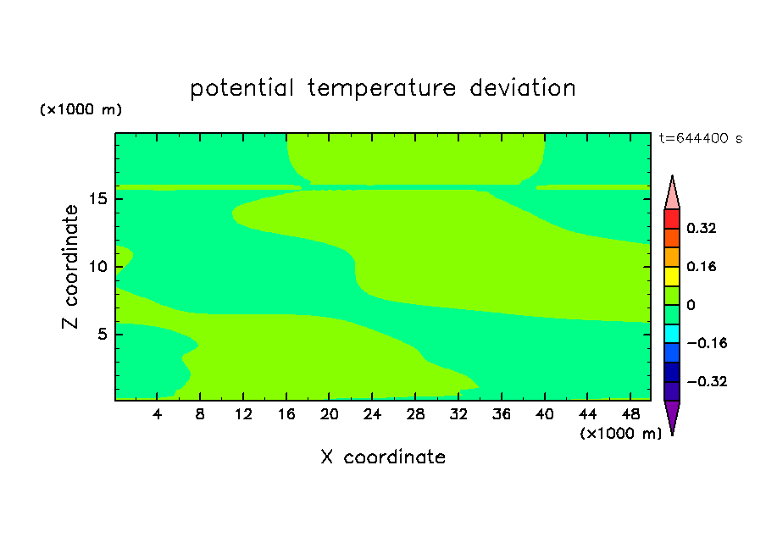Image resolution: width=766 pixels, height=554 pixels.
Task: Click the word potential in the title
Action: (x=241, y=88)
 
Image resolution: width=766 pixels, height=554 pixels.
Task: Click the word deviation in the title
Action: (x=523, y=88)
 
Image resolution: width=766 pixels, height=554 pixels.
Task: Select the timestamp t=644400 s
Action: (x=701, y=138)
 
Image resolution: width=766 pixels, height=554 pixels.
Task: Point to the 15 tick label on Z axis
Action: (x=98, y=199)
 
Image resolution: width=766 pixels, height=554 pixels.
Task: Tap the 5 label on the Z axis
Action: (x=103, y=334)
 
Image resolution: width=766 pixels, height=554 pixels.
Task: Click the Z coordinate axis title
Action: (x=70, y=267)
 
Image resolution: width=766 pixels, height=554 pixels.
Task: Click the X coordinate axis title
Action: (x=383, y=457)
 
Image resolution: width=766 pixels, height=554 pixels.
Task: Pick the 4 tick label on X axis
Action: (x=157, y=414)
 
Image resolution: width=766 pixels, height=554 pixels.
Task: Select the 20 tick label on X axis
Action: (x=330, y=414)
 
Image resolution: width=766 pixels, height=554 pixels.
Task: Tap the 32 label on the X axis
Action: (x=458, y=414)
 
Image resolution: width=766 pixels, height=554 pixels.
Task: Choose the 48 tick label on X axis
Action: (x=630, y=414)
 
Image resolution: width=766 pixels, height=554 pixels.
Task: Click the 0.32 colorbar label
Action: (x=702, y=228)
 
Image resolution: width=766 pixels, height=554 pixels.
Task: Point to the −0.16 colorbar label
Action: (x=707, y=343)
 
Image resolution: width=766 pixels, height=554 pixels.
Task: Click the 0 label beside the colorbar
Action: (x=691, y=305)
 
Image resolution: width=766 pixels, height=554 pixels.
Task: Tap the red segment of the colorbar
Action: (x=672, y=219)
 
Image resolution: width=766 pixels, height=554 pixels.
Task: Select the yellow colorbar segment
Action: (x=672, y=276)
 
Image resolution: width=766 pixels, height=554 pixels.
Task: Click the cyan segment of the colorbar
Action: (x=672, y=334)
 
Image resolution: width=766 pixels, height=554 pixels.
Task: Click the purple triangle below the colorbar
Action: (x=672, y=415)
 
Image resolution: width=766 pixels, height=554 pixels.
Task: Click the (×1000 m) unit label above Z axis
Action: (x=80, y=109)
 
